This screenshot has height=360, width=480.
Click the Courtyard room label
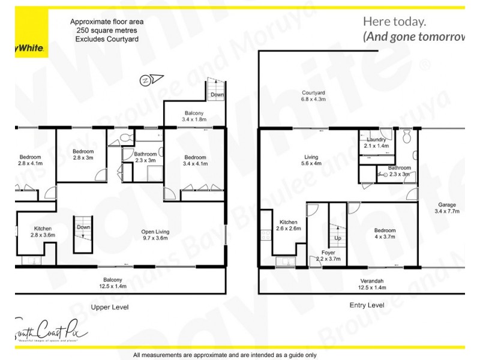click(313, 93)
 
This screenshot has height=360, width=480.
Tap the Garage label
click(446, 204)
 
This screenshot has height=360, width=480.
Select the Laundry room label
click(376, 139)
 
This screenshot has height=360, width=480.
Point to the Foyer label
click(328, 252)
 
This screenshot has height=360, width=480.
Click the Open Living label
click(155, 232)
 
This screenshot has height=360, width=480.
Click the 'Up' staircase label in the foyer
click(337, 238)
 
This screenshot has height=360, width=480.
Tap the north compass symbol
click(146, 79)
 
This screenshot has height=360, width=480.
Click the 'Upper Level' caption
click(110, 307)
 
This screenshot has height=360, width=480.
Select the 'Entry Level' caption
click(367, 305)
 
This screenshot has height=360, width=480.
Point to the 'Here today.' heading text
click(394, 22)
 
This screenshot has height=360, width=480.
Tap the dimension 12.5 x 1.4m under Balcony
click(113, 287)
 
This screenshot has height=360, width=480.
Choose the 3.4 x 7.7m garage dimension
click(446, 211)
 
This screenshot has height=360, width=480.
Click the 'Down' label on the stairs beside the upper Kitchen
click(83, 227)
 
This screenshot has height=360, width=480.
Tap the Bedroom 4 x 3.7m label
click(385, 230)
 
